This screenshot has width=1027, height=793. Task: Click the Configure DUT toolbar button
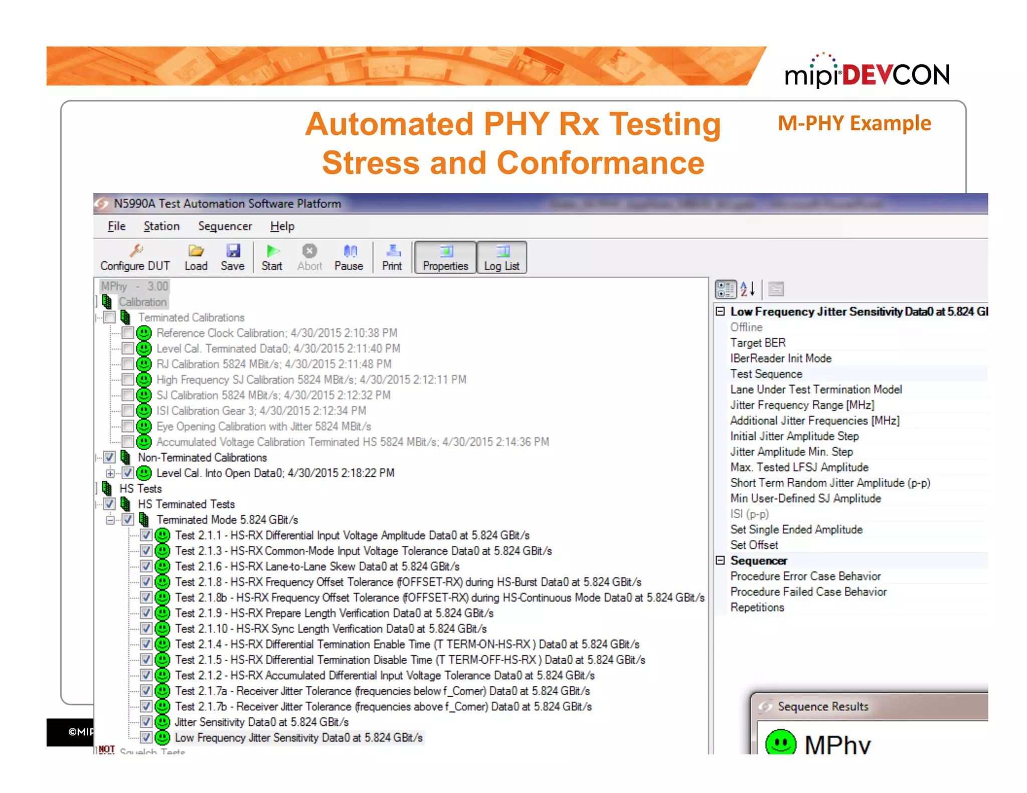[135, 258]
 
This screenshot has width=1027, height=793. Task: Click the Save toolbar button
[233, 258]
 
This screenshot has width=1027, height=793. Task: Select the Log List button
[501, 258]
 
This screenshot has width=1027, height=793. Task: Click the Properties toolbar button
[445, 258]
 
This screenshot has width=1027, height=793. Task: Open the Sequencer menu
[225, 227]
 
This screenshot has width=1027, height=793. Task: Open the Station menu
[161, 227]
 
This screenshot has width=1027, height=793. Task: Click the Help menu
[282, 227]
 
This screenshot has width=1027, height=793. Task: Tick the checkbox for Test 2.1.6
[146, 566]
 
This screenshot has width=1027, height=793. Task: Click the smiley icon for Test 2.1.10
[162, 629]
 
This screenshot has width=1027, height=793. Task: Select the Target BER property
[758, 343]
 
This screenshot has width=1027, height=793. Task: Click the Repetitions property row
[757, 608]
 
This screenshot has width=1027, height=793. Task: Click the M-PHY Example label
[854, 123]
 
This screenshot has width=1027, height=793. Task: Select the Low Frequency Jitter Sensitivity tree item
[298, 738]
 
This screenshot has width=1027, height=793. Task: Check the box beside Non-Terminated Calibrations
[109, 458]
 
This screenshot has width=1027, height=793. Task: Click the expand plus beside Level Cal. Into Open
[110, 473]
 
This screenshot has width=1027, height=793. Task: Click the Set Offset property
[754, 545]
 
